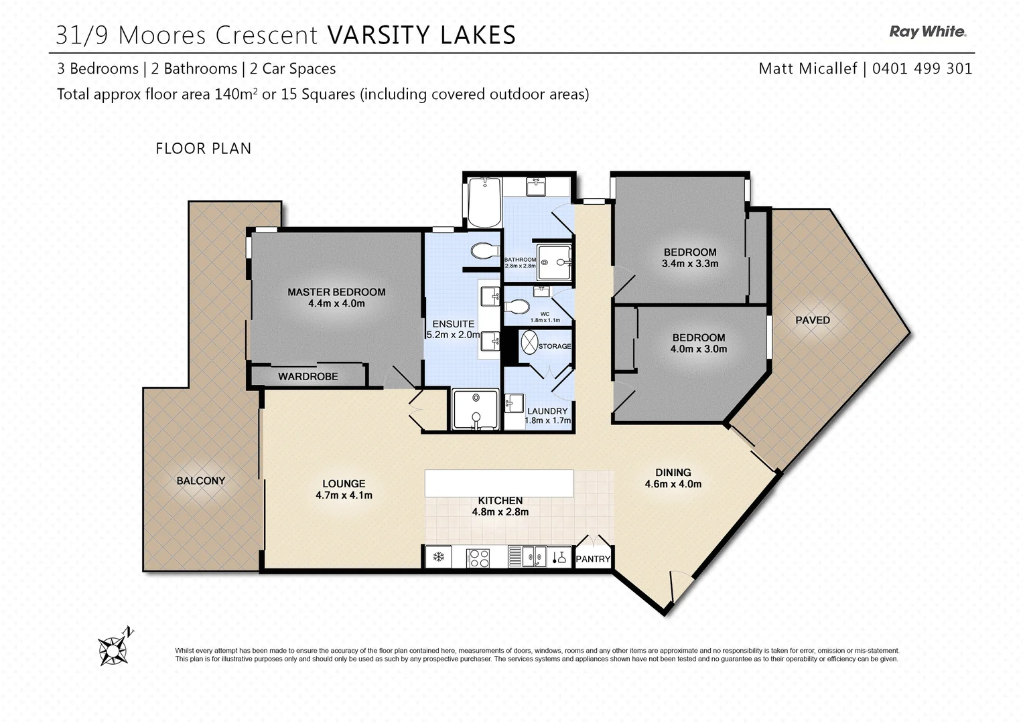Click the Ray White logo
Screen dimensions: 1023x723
point(928,32)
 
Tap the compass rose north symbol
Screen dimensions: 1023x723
point(115,648)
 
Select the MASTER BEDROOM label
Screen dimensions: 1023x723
point(336,292)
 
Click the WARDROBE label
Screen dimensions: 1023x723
point(308,376)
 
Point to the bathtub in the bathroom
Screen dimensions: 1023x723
point(484,202)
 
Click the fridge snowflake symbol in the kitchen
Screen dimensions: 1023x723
point(439,557)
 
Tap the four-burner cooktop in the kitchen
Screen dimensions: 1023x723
point(478,558)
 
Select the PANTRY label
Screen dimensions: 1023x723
point(593,559)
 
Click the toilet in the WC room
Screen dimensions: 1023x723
point(517,307)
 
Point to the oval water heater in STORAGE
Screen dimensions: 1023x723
point(529,342)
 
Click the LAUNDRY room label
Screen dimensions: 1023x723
point(547,411)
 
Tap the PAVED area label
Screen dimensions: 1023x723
point(813,321)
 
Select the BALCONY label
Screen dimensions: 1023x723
point(201,481)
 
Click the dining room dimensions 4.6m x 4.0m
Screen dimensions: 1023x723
point(673,484)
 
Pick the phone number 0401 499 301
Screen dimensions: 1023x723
point(922,68)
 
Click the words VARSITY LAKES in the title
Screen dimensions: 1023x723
point(421,35)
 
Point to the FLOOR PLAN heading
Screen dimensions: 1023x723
point(203,149)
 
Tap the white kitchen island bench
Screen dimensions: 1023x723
point(498,483)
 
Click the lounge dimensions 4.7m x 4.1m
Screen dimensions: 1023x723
point(344,495)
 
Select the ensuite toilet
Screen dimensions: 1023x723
point(485,250)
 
